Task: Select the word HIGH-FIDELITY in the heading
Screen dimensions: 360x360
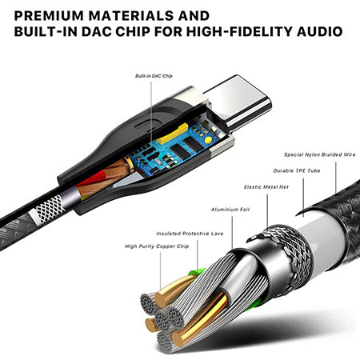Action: tap(239, 31)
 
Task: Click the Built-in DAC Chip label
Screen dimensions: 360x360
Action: tap(154, 76)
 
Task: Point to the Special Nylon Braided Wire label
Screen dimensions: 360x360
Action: tap(320, 154)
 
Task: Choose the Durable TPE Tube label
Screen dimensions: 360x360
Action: tap(297, 170)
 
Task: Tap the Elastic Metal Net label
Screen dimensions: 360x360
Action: tap(266, 187)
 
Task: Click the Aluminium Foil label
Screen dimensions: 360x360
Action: tap(230, 210)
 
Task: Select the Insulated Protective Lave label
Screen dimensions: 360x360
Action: tap(190, 234)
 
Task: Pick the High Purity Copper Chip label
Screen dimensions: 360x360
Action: tap(157, 246)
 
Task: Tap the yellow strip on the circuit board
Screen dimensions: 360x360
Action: tap(173, 134)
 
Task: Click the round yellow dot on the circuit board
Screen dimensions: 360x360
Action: tap(208, 140)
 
